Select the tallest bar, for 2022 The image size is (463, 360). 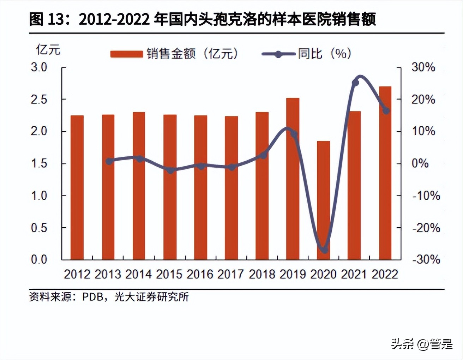click(x=385, y=173)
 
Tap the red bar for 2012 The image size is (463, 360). click(x=77, y=187)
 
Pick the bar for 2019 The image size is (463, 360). click(x=293, y=179)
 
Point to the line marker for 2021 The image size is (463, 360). click(x=355, y=83)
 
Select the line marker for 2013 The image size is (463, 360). click(x=109, y=161)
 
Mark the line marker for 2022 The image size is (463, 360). click(x=386, y=111)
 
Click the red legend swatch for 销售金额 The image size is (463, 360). click(x=126, y=54)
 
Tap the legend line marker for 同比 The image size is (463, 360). click(x=278, y=54)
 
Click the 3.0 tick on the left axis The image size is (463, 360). click(x=39, y=67)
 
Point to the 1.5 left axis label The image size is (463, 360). click(x=39, y=163)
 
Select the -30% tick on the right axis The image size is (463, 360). click(x=426, y=260)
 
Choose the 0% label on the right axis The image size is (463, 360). click(x=420, y=163)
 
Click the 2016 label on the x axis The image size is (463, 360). click(x=200, y=274)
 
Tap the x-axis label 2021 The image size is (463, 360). click(x=354, y=274)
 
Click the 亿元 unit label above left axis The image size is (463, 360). click(x=48, y=50)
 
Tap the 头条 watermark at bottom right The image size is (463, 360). click(x=402, y=343)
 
